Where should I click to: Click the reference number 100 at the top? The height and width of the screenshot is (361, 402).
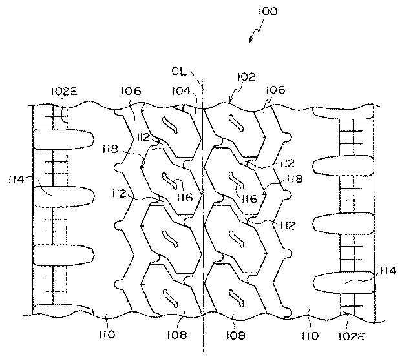point(268,11)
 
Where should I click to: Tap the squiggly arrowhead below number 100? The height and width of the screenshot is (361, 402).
point(251,40)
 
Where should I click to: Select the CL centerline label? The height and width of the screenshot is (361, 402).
point(179,71)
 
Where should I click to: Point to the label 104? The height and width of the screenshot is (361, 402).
point(182,91)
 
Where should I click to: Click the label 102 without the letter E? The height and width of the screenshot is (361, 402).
point(246,77)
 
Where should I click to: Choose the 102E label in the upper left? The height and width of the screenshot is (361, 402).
point(64,91)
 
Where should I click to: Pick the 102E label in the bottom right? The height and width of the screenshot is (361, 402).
point(351,336)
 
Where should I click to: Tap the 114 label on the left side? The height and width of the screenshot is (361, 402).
point(16,180)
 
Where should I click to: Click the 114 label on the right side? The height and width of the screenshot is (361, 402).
point(388,271)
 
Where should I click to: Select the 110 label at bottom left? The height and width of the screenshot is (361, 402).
point(107,335)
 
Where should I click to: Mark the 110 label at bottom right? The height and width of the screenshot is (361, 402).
point(310,336)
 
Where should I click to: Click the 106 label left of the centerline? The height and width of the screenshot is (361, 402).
point(131,91)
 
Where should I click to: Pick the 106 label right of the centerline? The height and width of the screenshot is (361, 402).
point(275,90)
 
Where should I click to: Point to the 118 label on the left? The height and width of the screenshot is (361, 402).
point(111,149)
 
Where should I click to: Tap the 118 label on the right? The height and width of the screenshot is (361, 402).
point(295,179)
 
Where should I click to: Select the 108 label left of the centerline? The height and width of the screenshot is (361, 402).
point(177,335)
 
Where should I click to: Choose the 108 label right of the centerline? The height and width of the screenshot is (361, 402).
point(236,335)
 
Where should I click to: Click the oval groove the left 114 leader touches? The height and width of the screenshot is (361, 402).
point(64,196)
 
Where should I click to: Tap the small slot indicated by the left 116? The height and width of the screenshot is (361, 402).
point(169,181)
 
